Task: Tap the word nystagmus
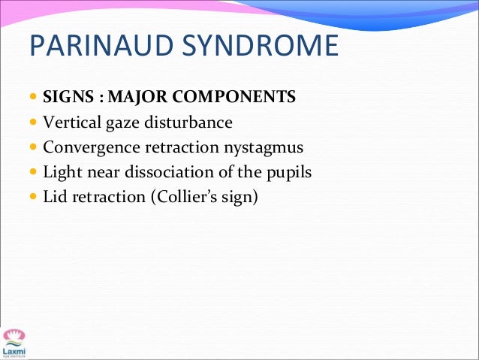[x=265, y=147]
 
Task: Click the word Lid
[x=55, y=198]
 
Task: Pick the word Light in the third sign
[x=61, y=173]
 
